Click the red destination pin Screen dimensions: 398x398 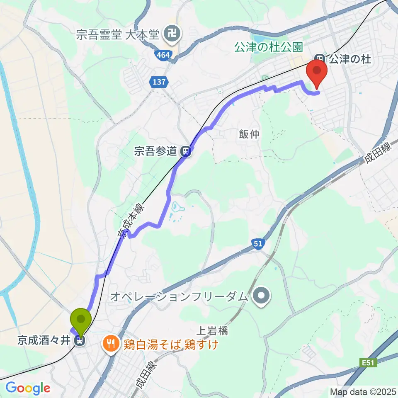317,71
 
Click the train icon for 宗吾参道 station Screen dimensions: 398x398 187,152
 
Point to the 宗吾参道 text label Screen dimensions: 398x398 155,152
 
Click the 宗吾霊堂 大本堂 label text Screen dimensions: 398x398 118,34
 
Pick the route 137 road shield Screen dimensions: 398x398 159,82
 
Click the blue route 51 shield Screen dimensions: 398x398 258,244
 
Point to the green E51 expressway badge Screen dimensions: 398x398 368,363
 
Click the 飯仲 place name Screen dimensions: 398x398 249,134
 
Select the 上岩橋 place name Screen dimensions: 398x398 211,330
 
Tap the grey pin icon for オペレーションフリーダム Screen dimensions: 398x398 261,296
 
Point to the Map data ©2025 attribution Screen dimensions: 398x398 363,391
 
